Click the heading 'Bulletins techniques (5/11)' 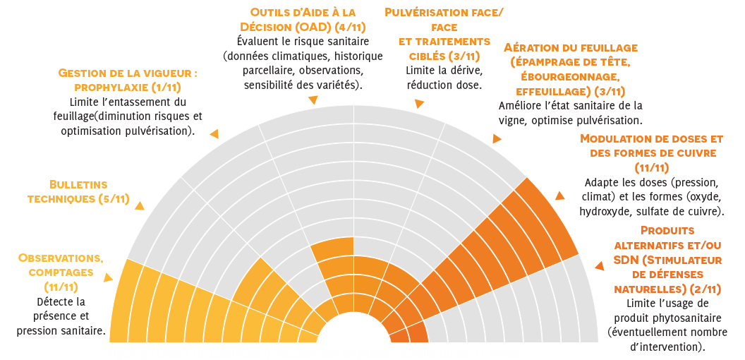[78, 191]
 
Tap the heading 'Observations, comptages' [61, 265]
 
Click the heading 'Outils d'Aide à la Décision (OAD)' [303, 20]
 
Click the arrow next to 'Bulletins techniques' [139, 206]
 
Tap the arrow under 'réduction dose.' [419, 104]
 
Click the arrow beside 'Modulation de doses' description [561, 196]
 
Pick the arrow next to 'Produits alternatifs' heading [599, 266]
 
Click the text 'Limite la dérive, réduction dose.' [444, 78]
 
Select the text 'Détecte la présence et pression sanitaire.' [61, 316]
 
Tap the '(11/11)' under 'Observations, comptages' [61, 287]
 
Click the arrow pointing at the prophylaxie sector [214, 133]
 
